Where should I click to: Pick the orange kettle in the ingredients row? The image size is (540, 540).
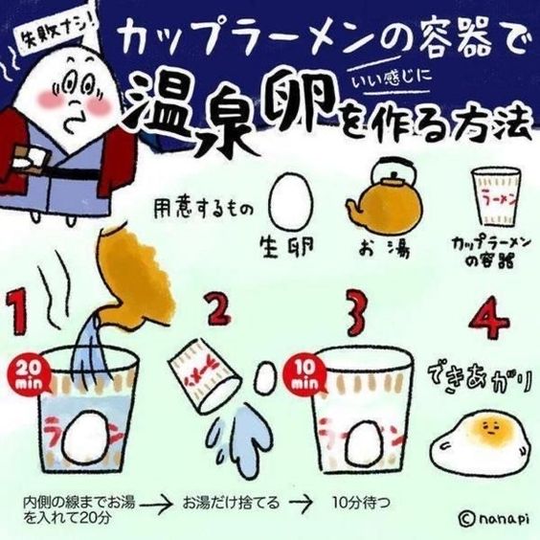(390, 191)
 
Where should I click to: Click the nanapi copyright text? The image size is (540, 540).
(493, 518)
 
